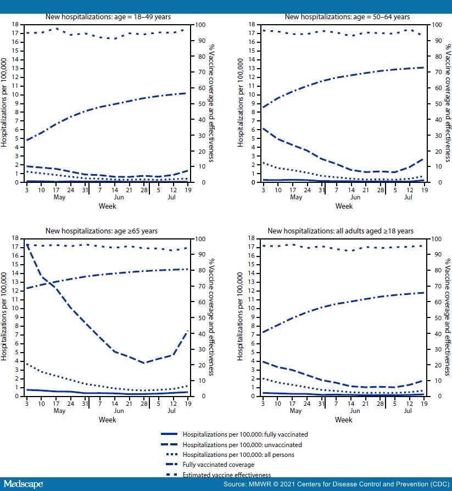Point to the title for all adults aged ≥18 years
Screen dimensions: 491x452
click(x=341, y=231)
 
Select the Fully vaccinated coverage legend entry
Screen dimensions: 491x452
click(x=220, y=465)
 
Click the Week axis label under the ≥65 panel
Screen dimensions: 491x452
click(x=107, y=420)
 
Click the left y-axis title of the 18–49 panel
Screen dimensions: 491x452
click(x=5, y=103)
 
